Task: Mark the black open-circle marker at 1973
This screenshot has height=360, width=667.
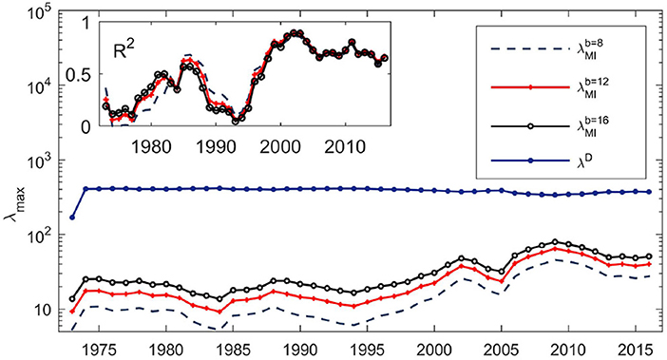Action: tap(72, 299)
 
